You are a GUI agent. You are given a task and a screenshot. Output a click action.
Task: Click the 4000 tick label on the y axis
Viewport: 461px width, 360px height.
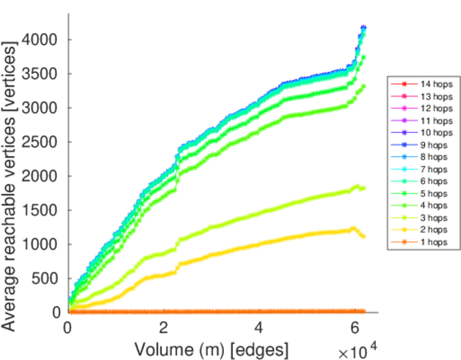coord(40,40)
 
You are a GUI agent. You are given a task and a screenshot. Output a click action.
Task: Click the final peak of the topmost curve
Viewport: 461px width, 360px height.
coord(363,28)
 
